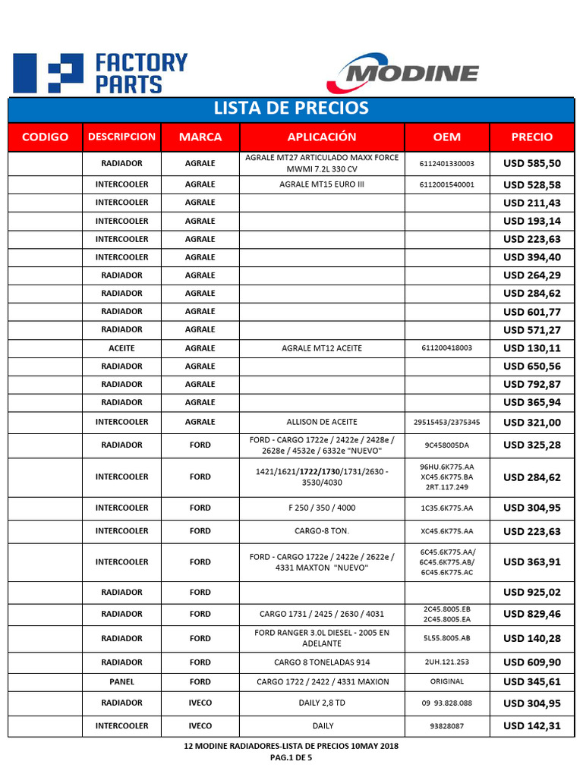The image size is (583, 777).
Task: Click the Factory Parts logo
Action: [x=101, y=74]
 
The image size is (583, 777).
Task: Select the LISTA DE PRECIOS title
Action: [x=291, y=108]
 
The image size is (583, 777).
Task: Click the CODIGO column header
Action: [x=45, y=137]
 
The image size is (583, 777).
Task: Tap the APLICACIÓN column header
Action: [x=321, y=137]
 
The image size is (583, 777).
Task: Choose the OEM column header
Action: [x=446, y=137]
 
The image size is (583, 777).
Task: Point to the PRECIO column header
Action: [x=532, y=137]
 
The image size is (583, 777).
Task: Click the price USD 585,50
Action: [x=532, y=163]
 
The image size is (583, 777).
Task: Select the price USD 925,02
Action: [x=532, y=593]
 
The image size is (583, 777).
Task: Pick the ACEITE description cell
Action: [x=121, y=348]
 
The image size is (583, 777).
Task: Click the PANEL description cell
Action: [x=121, y=682]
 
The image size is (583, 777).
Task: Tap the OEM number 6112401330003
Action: [x=446, y=163]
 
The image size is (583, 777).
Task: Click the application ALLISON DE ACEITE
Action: [x=321, y=422]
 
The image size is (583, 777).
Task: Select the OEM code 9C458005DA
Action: [x=446, y=445]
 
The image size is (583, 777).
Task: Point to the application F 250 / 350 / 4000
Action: [x=321, y=508]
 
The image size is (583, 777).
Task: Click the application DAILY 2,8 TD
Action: [x=321, y=703]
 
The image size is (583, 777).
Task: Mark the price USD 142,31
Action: [x=532, y=726]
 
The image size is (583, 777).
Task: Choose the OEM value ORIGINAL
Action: [x=446, y=682]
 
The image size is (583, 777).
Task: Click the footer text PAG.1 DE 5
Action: [x=291, y=757]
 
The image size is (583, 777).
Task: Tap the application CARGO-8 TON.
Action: [x=321, y=532]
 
